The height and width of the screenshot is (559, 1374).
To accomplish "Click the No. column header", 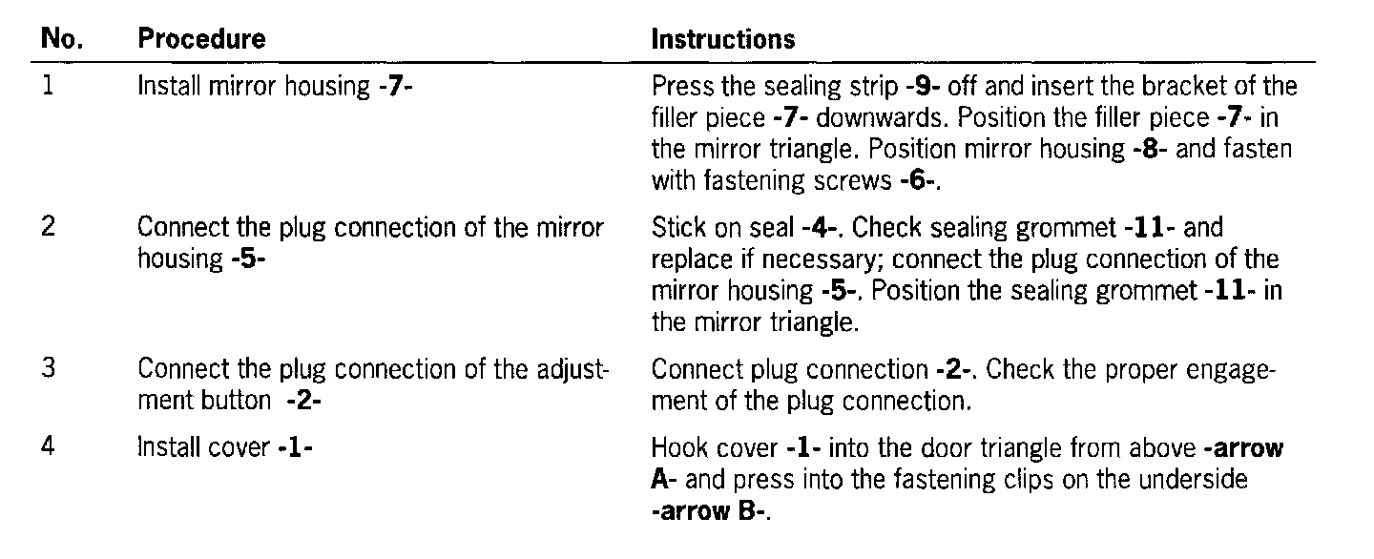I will pos(61,39).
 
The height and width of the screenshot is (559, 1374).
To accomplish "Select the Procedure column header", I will pos(201,39).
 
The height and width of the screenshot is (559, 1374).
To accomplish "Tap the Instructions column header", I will pos(722,39).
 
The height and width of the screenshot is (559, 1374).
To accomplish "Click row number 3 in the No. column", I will pos(49,368).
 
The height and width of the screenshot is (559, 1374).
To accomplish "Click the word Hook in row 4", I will pos(677,447).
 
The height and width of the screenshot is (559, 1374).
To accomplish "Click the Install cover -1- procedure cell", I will pos(226,447).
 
